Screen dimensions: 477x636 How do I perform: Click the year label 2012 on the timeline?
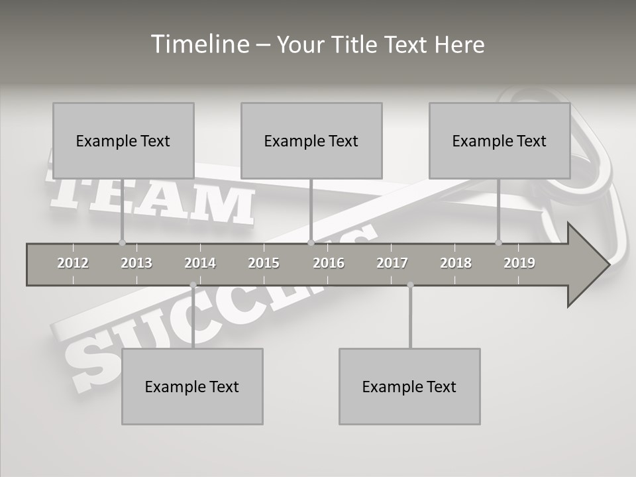[73, 263]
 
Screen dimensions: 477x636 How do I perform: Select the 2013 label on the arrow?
[136, 263]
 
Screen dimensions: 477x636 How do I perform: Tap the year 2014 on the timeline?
[200, 263]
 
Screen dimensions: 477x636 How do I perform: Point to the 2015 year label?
[264, 263]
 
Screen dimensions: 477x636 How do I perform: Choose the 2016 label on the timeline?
[329, 263]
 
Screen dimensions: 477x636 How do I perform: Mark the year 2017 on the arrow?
[392, 263]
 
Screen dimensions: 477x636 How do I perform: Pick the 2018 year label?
[456, 263]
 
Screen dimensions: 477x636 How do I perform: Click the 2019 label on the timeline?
[519, 263]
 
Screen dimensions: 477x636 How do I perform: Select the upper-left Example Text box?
[123, 140]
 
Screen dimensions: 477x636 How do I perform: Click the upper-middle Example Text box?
[311, 140]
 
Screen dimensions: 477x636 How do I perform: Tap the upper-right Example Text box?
[500, 140]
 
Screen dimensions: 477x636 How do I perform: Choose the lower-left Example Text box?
[192, 386]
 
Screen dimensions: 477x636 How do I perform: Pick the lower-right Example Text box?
[409, 386]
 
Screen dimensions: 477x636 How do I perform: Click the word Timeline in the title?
[199, 44]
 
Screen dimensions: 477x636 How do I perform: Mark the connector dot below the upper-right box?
[499, 242]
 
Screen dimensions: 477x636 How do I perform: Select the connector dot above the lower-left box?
[193, 285]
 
